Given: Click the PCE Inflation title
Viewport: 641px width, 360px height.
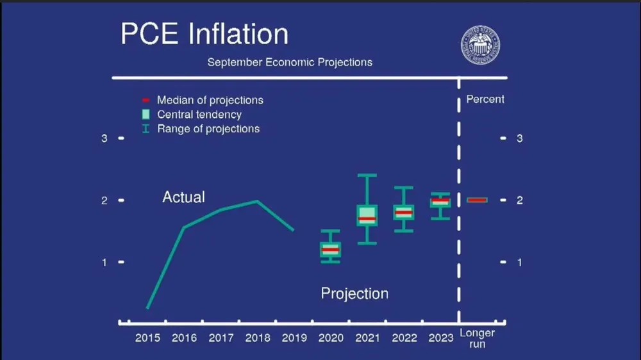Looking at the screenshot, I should click(x=204, y=34).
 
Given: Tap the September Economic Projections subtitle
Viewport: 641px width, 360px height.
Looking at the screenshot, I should click(x=289, y=62).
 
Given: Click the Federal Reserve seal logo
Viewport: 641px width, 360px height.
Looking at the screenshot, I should click(x=480, y=45).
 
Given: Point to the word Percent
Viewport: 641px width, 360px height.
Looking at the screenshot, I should click(x=485, y=99).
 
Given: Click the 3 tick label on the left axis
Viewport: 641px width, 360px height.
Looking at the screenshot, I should click(x=104, y=138).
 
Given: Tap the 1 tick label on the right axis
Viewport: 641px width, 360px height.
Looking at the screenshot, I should click(x=520, y=263).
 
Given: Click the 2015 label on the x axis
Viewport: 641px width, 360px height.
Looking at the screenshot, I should click(x=147, y=338).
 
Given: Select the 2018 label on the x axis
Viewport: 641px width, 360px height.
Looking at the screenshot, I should click(x=258, y=338).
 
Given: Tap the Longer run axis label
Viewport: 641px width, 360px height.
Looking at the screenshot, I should click(x=478, y=338).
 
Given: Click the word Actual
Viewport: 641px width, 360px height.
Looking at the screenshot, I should click(x=183, y=197).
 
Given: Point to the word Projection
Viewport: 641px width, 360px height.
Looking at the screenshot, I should click(x=354, y=293).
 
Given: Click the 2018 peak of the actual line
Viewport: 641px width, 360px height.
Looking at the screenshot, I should click(x=257, y=201).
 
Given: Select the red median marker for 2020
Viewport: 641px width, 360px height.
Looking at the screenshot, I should click(x=330, y=249).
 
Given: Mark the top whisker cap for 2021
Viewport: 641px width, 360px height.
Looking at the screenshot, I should click(x=367, y=175).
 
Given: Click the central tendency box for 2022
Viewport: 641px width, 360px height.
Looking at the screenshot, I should click(x=403, y=212).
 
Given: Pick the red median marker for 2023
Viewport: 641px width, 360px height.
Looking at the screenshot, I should click(x=440, y=201).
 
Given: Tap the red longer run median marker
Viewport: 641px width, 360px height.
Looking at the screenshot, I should click(x=478, y=200).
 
